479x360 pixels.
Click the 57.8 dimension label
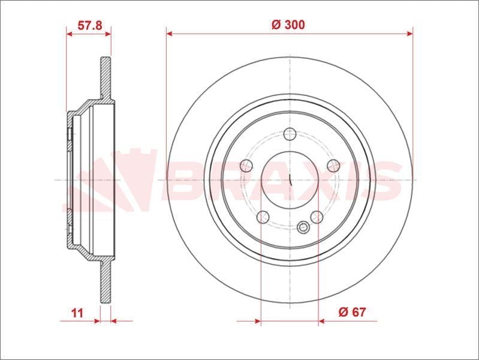(89, 25)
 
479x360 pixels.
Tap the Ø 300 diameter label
(288, 25)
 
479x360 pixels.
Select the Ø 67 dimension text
(352, 312)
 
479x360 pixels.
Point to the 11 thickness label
(77, 313)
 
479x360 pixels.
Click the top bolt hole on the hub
(290, 134)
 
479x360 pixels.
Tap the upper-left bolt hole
(246, 166)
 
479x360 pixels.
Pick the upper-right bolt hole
(333, 166)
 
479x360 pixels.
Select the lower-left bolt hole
(263, 217)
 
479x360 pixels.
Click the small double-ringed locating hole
(303, 227)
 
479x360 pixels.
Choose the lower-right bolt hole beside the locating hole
(317, 217)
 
